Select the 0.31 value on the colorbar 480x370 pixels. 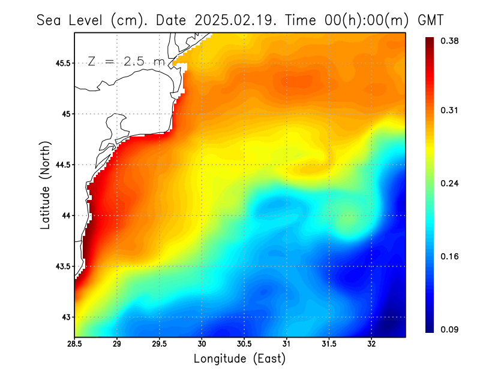click(x=450, y=110)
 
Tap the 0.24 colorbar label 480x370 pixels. click(x=450, y=183)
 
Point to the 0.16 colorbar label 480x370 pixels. click(x=450, y=256)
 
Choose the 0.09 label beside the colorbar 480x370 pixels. click(x=450, y=329)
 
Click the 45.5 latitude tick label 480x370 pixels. click(x=61, y=63)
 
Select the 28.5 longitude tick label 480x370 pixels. click(x=74, y=344)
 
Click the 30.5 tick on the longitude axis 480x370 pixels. click(x=244, y=344)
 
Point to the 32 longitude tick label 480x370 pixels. click(x=371, y=344)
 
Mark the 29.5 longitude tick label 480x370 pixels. click(x=160, y=344)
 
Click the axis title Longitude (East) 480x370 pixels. click(x=239, y=359)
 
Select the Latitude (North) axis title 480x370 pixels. click(x=46, y=184)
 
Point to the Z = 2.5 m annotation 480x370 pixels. click(x=125, y=62)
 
